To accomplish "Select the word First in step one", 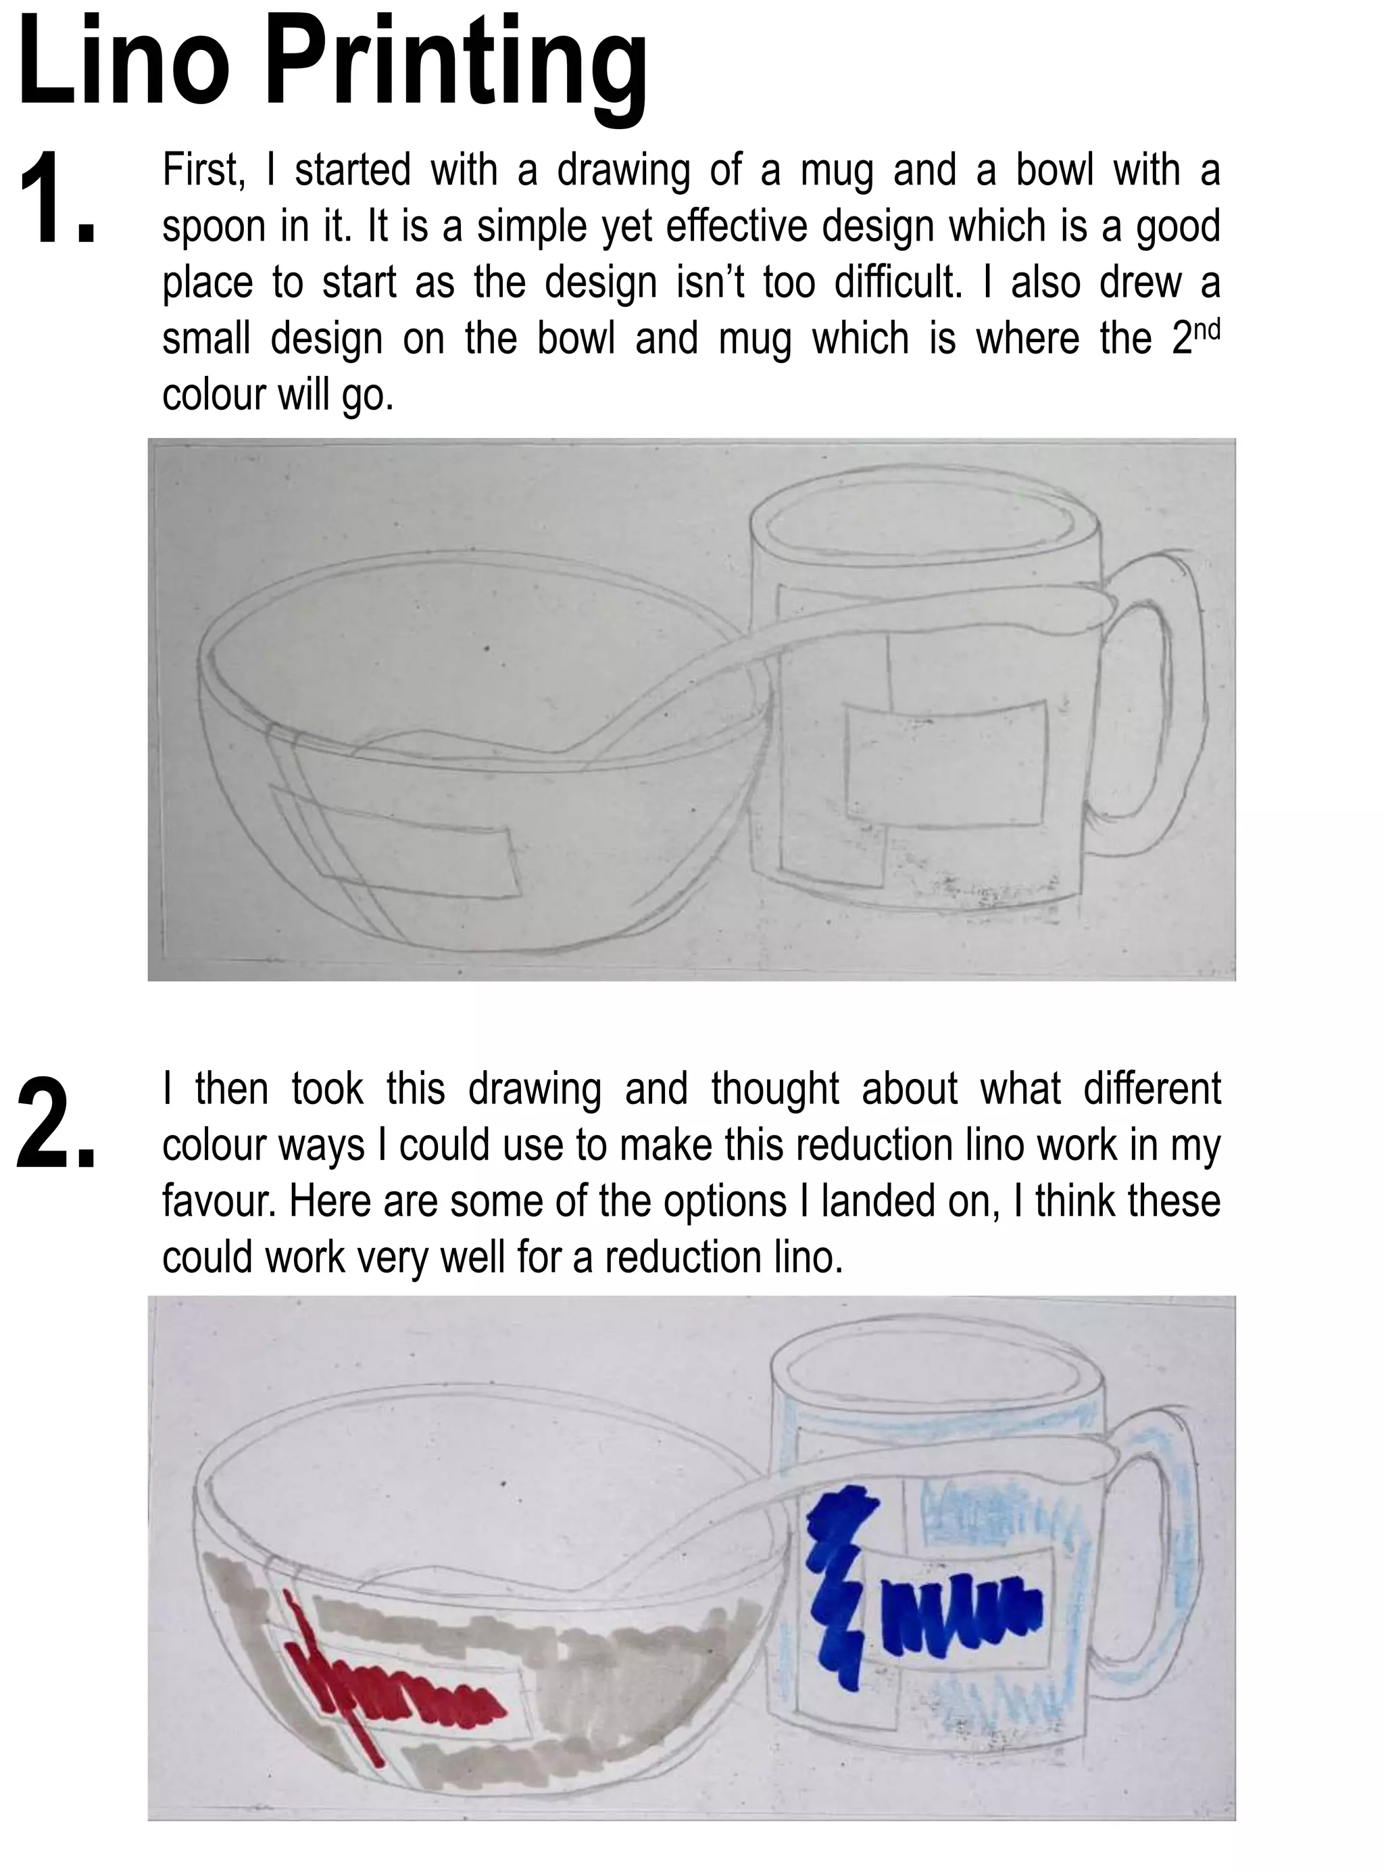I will click(202, 170).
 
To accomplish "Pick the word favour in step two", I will click(217, 1201).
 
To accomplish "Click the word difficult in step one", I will click(897, 283).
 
